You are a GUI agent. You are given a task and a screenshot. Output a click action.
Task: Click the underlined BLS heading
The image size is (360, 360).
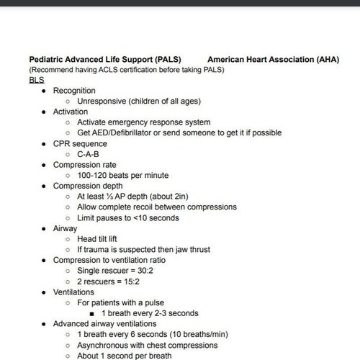click(x=37, y=80)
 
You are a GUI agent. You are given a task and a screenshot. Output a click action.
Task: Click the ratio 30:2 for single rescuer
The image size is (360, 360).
click(x=156, y=271)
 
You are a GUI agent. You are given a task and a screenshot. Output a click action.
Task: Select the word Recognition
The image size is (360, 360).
click(x=78, y=91)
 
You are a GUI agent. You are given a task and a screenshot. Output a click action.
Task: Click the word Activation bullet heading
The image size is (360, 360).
click(x=71, y=112)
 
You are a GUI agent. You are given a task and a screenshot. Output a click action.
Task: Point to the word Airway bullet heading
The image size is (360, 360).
click(x=66, y=229)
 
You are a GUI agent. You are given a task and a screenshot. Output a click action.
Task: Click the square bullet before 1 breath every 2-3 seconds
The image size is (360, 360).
click(x=91, y=314)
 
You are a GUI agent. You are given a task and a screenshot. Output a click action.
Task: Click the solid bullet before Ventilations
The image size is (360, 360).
click(x=44, y=292)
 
